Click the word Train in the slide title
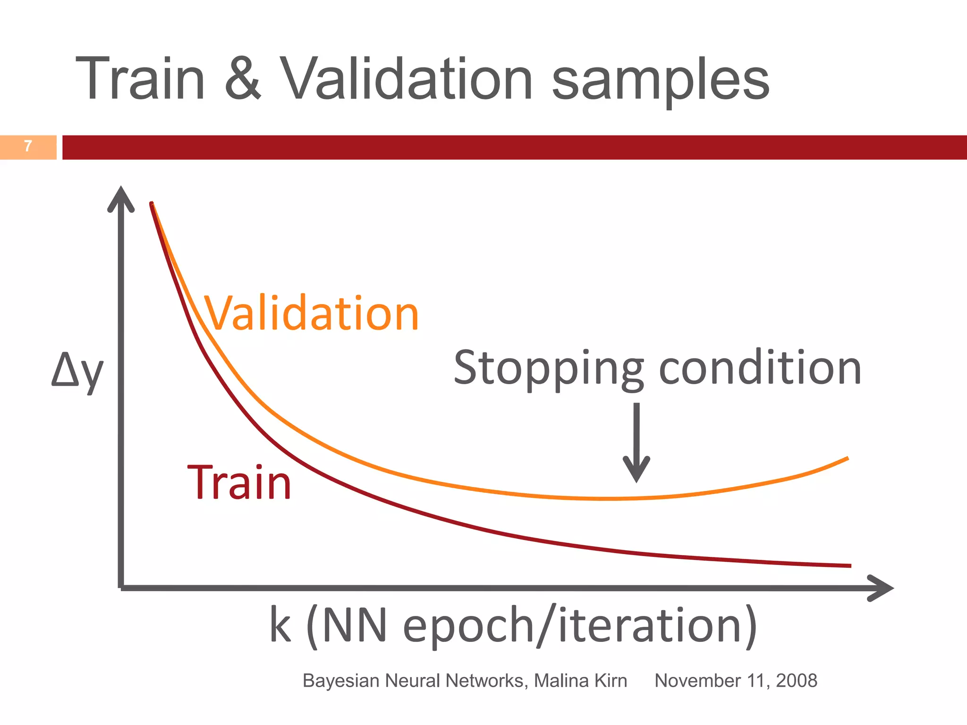point(140,79)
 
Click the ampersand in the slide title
point(243,79)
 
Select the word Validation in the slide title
point(407,79)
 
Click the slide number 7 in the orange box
point(28,146)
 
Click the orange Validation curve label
point(312,313)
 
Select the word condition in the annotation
point(760,368)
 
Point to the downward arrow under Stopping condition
point(636,444)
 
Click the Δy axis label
point(77,371)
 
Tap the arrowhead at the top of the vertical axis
point(121,198)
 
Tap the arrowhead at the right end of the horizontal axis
point(881,588)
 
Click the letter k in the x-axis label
point(280,625)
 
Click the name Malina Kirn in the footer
point(580,681)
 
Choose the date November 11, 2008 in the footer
point(736,681)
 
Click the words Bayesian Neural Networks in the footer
point(414,681)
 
